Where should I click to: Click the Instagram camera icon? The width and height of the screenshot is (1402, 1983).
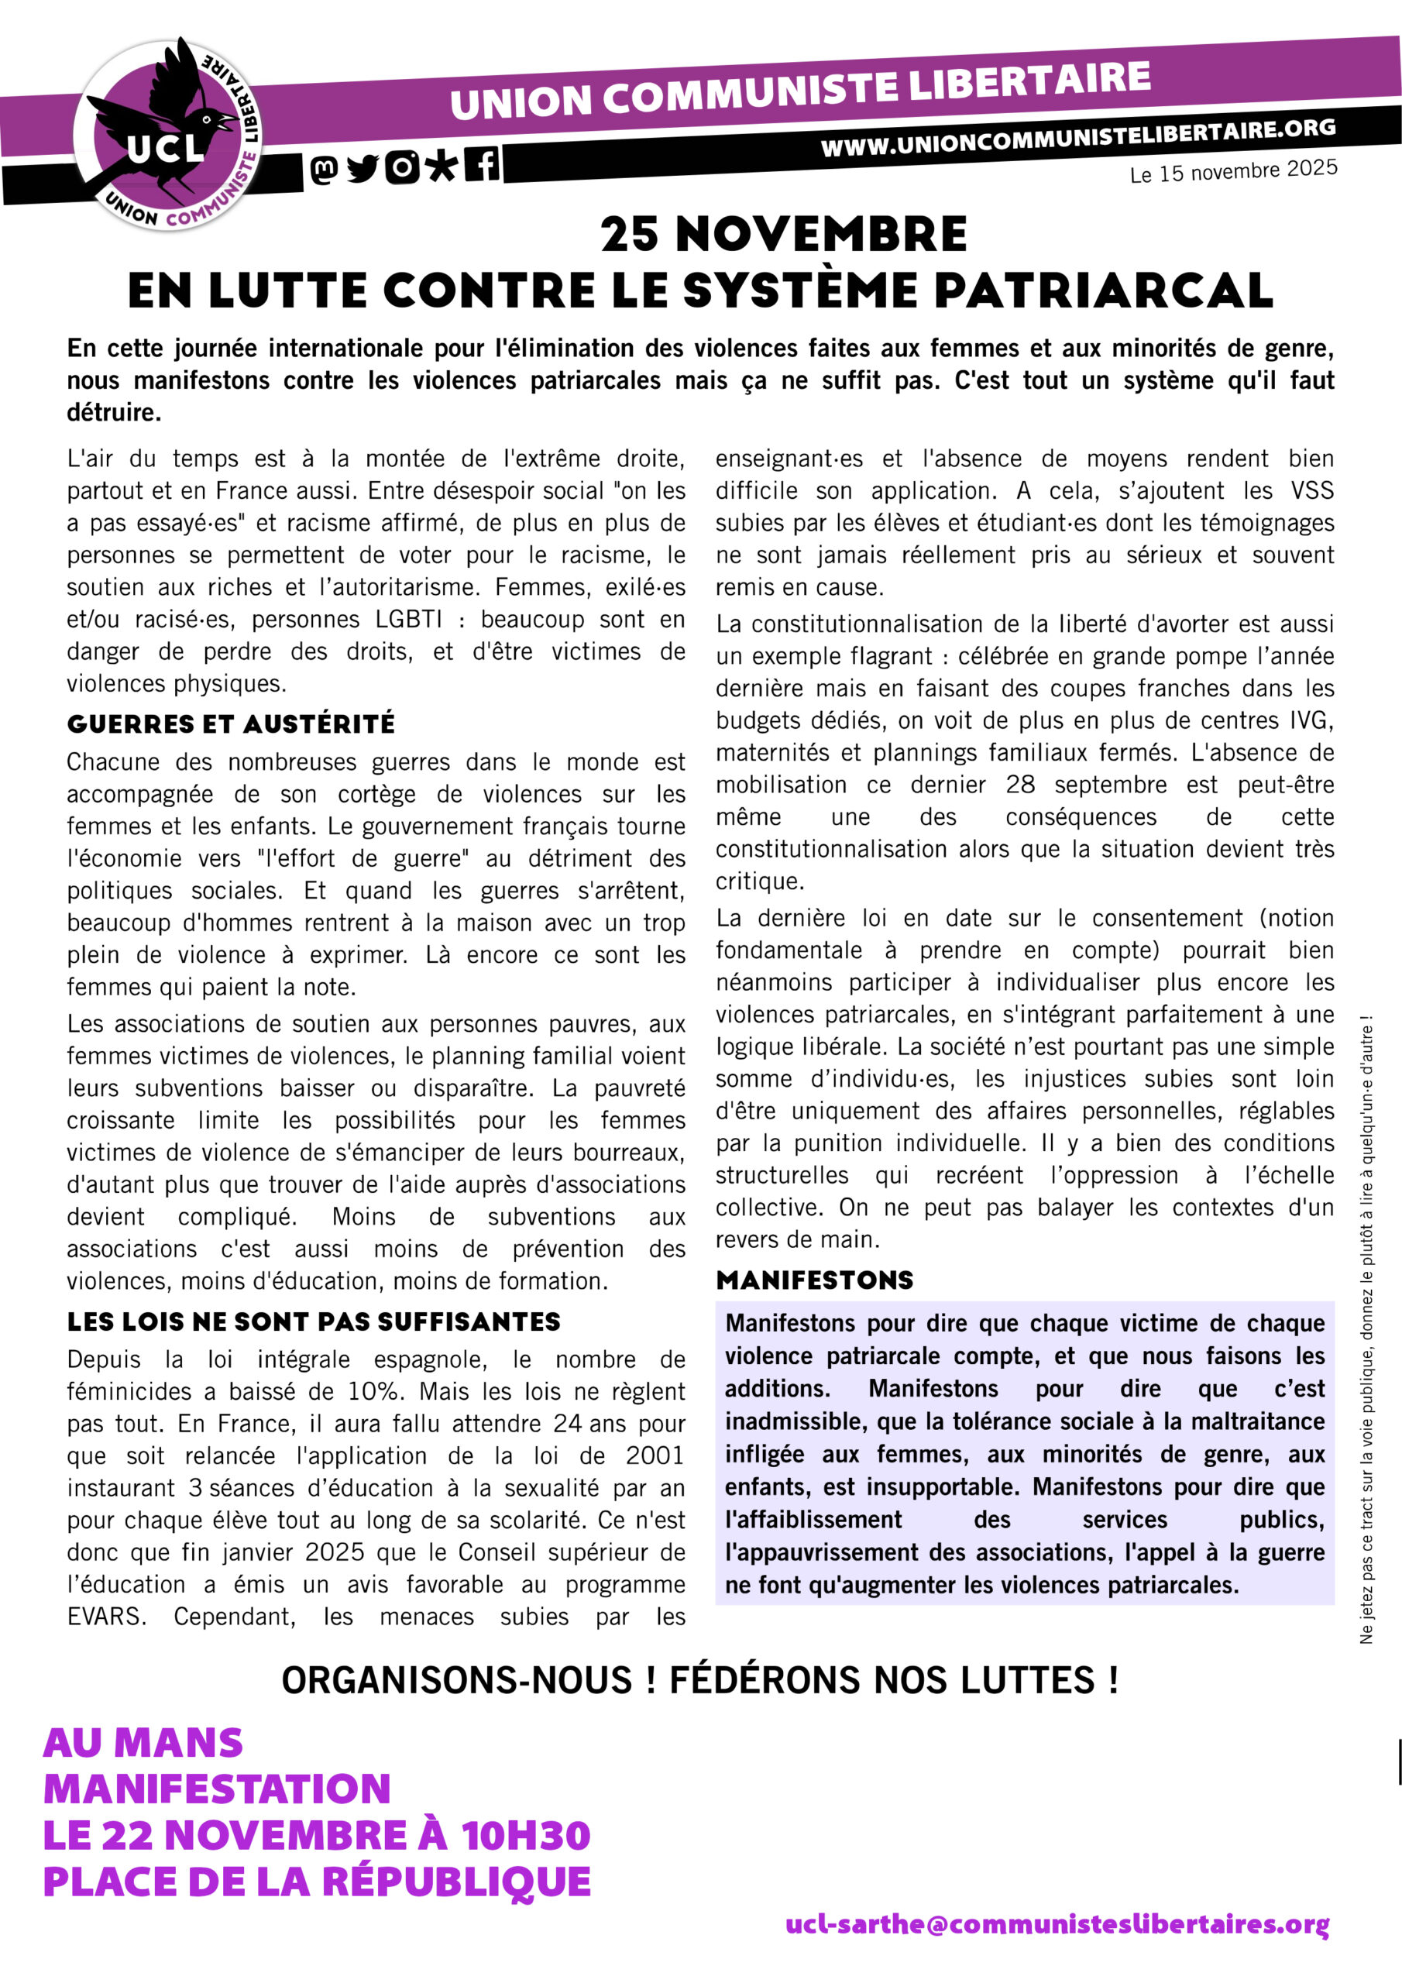pos(403,167)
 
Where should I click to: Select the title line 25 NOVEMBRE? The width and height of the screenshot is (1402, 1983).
pos(784,234)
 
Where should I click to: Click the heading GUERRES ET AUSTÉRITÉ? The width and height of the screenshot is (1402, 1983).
pos(231,723)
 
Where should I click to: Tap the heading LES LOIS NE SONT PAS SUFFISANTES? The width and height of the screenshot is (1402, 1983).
pos(314,1321)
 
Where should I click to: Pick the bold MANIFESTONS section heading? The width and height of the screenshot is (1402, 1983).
pos(815,1280)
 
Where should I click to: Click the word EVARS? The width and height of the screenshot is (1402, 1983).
pos(105,1616)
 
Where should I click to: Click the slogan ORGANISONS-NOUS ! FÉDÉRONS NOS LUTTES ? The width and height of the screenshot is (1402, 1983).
pos(699,1680)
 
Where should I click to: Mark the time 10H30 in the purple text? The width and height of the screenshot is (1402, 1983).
pos(525,1835)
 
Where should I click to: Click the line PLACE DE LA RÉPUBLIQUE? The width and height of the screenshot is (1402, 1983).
pos(317,1882)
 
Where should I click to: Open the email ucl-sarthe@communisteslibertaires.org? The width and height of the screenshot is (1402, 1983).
pos(1057,1924)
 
